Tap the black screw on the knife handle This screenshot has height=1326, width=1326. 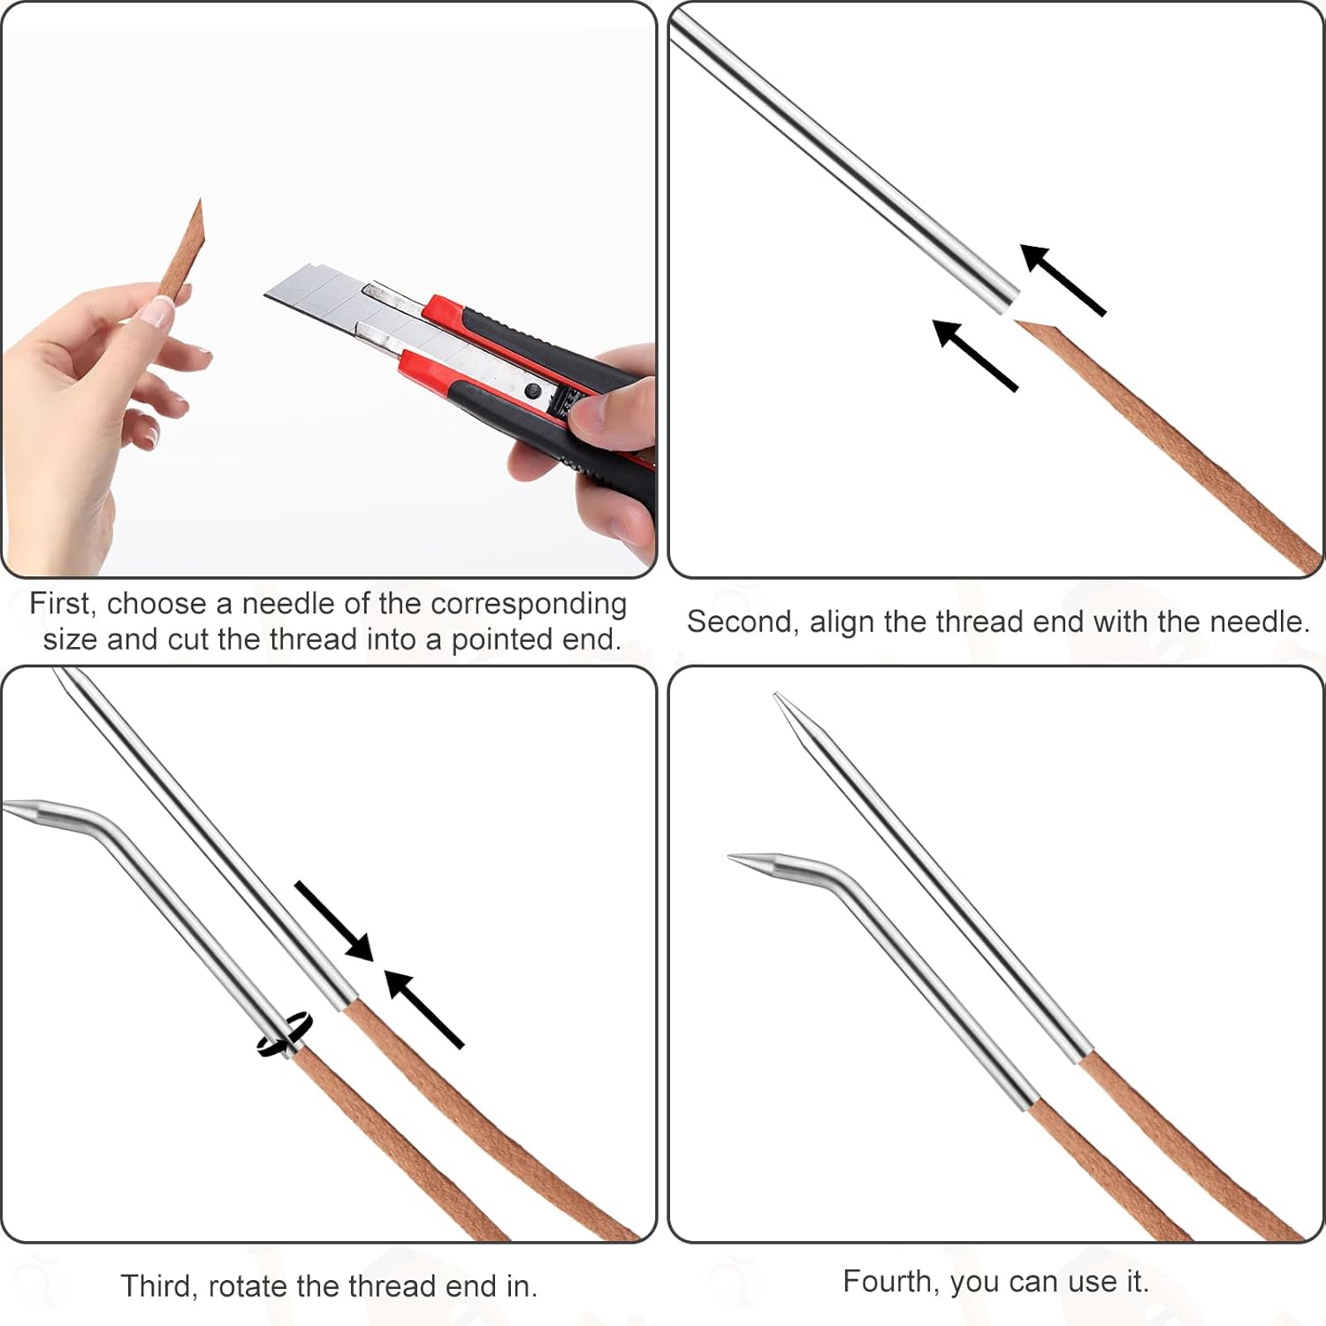pos(530,390)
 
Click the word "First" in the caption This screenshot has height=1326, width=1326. pos(60,604)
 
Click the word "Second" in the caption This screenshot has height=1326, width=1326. pos(742,621)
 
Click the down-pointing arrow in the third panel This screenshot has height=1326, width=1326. pos(333,920)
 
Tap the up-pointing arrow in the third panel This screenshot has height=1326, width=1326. pos(423,1009)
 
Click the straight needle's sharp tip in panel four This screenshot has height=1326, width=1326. pos(777,696)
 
